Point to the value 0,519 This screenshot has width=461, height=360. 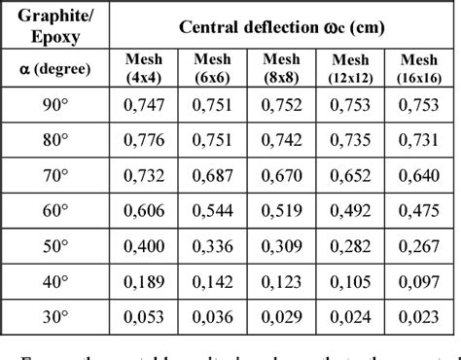pos(282,208)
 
